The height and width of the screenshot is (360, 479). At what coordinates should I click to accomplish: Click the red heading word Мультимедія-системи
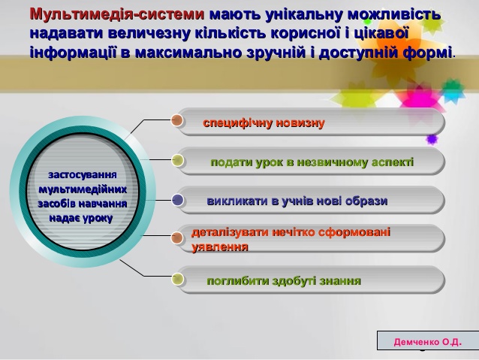pyautogui.click(x=117, y=14)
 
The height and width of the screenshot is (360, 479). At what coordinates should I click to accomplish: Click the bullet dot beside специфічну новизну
pyautogui.click(x=177, y=120)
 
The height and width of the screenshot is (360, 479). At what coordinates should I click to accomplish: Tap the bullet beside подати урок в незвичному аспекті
pyautogui.click(x=177, y=160)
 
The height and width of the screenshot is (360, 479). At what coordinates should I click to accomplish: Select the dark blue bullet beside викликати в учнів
pyautogui.click(x=177, y=200)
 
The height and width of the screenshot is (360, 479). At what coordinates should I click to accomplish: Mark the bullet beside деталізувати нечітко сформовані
pyautogui.click(x=177, y=237)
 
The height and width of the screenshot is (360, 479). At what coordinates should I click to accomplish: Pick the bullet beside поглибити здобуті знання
pyautogui.click(x=177, y=279)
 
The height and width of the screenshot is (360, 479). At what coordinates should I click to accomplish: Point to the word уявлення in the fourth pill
pyautogui.click(x=220, y=247)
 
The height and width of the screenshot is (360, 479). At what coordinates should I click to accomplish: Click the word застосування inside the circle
pyautogui.click(x=83, y=175)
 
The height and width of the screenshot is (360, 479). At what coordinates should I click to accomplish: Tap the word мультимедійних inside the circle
pyautogui.click(x=83, y=189)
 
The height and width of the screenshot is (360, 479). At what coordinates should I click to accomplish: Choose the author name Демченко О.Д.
pyautogui.click(x=428, y=342)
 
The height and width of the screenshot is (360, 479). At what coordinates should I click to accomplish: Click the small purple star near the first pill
pyautogui.click(x=432, y=140)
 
